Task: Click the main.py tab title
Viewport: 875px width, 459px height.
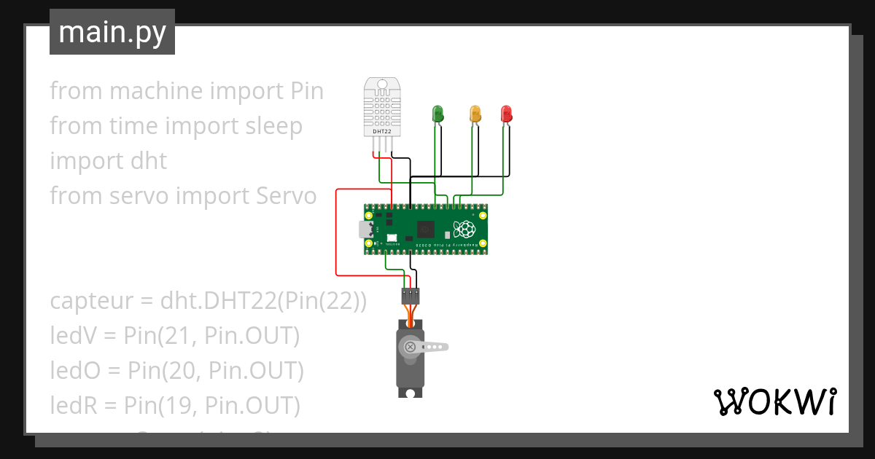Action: pos(112,32)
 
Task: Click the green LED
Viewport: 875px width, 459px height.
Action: pos(438,114)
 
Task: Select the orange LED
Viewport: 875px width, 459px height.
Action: pos(475,114)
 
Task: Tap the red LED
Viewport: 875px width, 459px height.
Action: pos(507,114)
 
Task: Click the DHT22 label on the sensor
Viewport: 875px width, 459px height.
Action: pos(382,132)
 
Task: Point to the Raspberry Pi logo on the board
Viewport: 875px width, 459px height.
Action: pos(464,230)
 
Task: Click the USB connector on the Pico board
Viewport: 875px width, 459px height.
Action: pos(366,230)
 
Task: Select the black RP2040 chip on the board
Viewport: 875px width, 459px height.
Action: pos(425,230)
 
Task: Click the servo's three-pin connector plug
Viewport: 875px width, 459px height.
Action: pos(411,296)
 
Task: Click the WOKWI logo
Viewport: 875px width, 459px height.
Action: pos(774,401)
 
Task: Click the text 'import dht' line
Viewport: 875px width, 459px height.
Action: pos(108,161)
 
